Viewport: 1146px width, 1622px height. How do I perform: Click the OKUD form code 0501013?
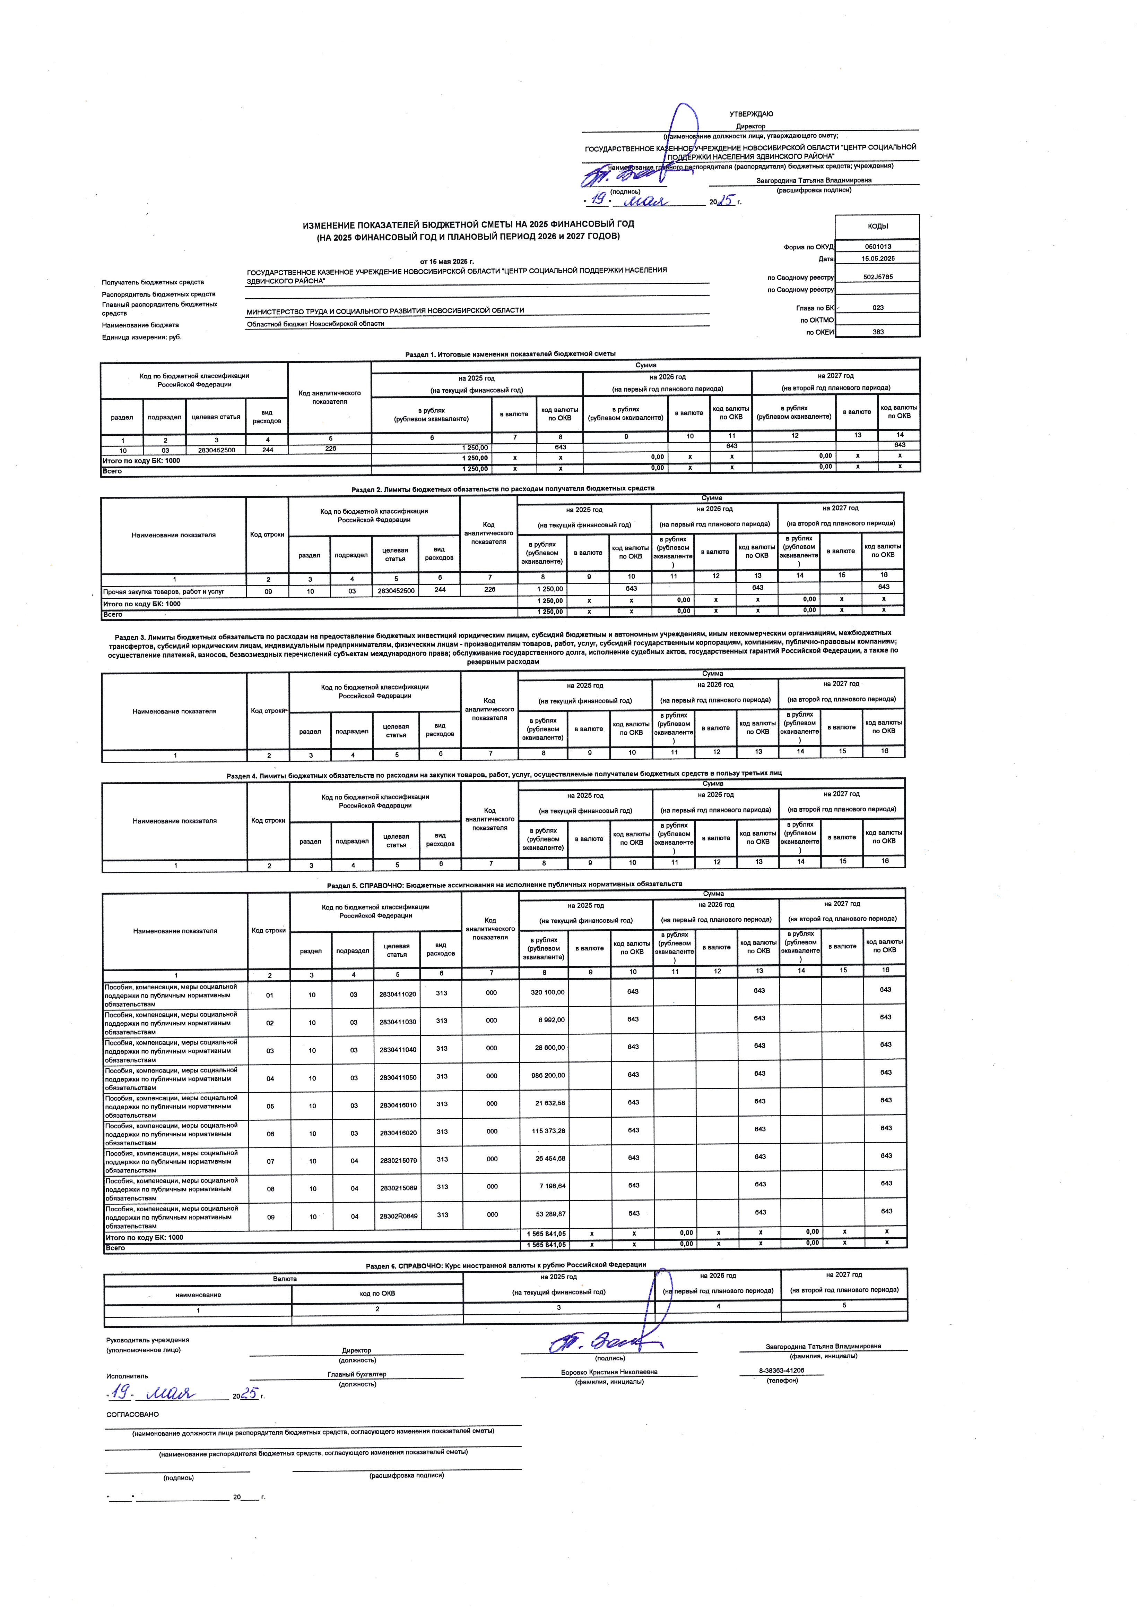tap(878, 247)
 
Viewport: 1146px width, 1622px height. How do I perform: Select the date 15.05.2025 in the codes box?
tap(878, 258)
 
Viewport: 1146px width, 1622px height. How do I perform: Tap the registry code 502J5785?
tap(878, 277)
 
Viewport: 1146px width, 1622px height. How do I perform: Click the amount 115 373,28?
tap(547, 1131)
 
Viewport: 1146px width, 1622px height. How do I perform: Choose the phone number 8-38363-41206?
tap(782, 1371)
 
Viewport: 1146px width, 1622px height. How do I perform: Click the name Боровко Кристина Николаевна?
tap(609, 1372)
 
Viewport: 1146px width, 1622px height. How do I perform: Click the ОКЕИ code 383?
tap(878, 332)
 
